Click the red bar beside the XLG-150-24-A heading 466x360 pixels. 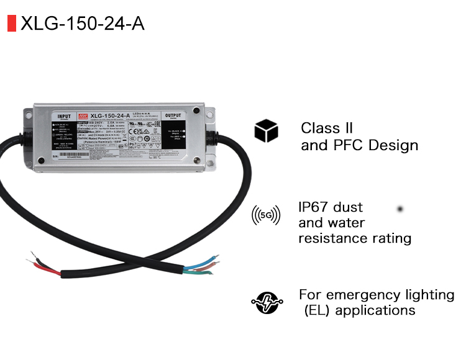point(11,23)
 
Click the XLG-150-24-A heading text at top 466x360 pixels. point(83,23)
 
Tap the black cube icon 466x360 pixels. point(265,132)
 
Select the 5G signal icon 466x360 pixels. point(265,215)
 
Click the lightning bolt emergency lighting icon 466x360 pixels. point(265,302)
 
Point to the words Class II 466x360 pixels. point(327,128)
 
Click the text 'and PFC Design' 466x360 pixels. point(359,146)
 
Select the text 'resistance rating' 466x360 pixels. point(354,238)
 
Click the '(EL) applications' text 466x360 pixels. point(359,310)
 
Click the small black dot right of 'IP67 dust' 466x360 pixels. point(401,209)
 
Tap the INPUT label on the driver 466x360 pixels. point(64,116)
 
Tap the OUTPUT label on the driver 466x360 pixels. point(175,115)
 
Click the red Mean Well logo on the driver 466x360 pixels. point(83,115)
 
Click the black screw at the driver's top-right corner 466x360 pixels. point(196,112)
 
